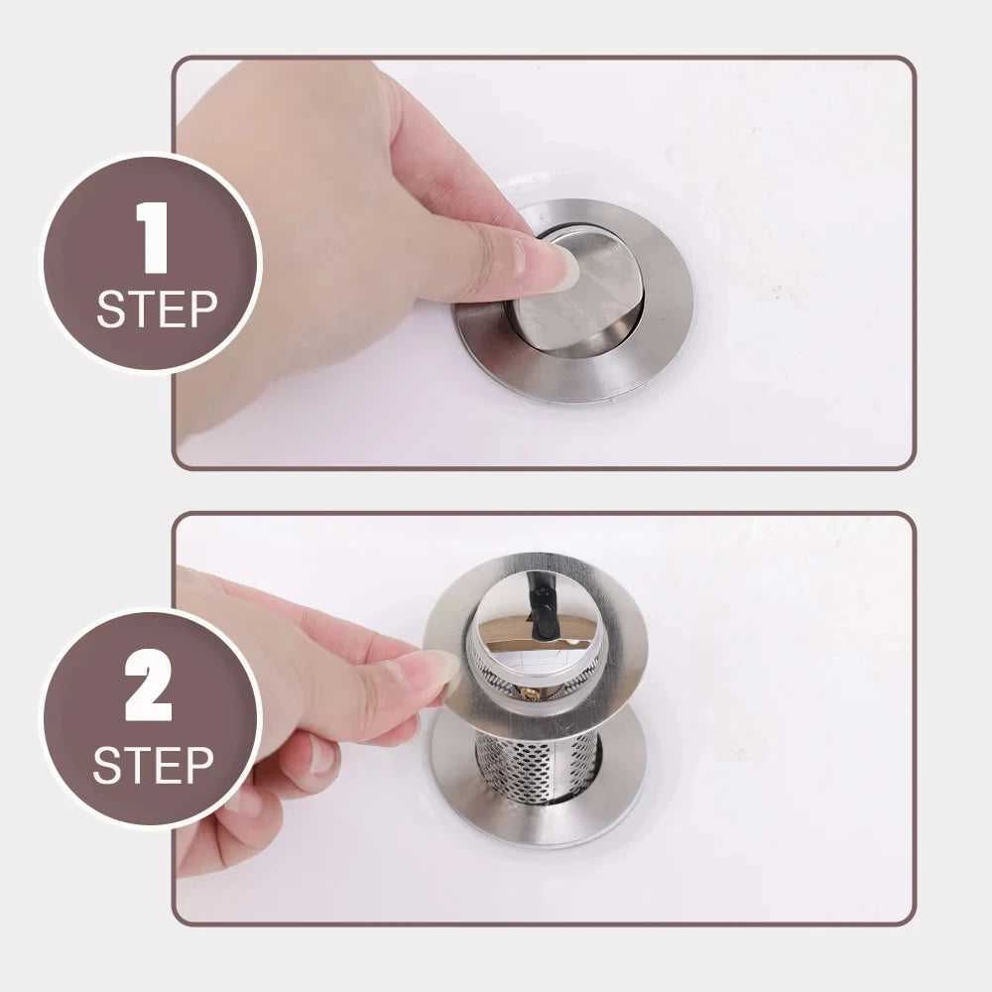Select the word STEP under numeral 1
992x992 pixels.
pyautogui.click(x=156, y=310)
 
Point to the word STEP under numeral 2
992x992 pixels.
pyautogui.click(x=154, y=765)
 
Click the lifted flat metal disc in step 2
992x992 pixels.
pyautogui.click(x=615, y=635)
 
